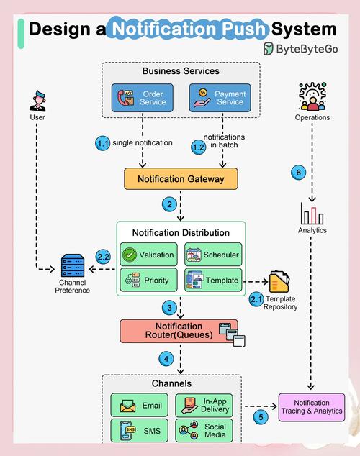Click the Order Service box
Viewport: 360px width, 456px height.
143,99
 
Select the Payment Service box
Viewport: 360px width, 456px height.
219,99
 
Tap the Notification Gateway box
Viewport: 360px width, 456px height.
180,179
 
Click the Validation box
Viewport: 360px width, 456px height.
149,255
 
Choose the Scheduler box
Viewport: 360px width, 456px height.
212,255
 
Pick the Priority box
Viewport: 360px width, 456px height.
149,280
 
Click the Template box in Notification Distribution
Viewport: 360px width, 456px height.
212,280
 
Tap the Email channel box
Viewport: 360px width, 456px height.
142,406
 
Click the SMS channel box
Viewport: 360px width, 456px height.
142,431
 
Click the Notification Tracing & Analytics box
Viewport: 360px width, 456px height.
312,407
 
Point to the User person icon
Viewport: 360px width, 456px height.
38,100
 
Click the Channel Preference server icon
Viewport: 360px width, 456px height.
73,268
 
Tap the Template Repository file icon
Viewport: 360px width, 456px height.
279,281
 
